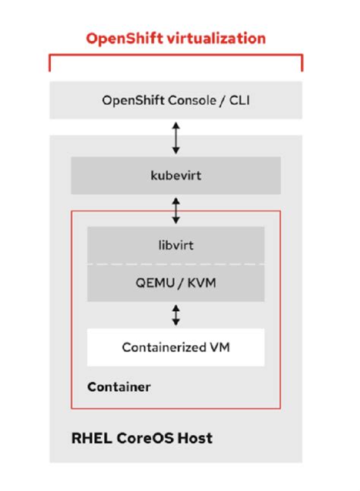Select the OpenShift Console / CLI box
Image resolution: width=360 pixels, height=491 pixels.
pos(175,101)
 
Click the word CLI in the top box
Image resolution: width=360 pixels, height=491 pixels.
pos(237,101)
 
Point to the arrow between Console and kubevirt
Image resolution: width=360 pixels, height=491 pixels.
pos(176,138)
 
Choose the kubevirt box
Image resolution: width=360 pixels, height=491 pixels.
pos(175,175)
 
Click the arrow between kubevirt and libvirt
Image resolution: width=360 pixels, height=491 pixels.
pos(176,209)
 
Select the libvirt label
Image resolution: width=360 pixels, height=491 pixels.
pos(175,244)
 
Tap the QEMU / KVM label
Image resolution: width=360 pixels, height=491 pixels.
pos(175,282)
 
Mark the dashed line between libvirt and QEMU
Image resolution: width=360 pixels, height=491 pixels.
pos(175,264)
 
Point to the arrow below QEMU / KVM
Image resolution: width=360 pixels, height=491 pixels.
pos(176,315)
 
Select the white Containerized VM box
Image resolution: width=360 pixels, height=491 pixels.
pos(175,348)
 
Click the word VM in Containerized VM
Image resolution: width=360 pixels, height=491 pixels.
pos(220,348)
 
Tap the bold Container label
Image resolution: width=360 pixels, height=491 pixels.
pos(118,387)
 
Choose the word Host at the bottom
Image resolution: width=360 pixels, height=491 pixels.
pos(195,438)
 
